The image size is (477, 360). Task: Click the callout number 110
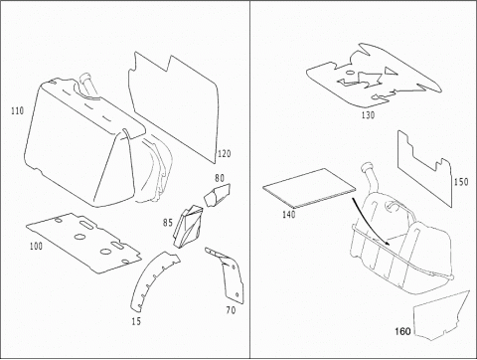(18, 110)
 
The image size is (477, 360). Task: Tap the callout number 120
(225, 154)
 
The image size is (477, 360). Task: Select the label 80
(220, 178)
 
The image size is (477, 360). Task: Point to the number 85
(168, 223)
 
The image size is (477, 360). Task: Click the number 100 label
(36, 246)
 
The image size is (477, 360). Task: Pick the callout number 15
(136, 321)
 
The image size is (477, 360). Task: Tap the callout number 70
(231, 310)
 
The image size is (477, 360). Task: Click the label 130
(368, 115)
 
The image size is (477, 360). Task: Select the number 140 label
(288, 215)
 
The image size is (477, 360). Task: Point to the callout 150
(461, 182)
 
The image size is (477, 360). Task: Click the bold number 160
(402, 331)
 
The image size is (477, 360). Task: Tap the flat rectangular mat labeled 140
(309, 188)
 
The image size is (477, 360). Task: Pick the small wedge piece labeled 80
(217, 195)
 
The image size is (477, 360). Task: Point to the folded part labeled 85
(188, 226)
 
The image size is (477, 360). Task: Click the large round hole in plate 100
(79, 237)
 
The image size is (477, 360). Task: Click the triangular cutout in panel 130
(390, 71)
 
